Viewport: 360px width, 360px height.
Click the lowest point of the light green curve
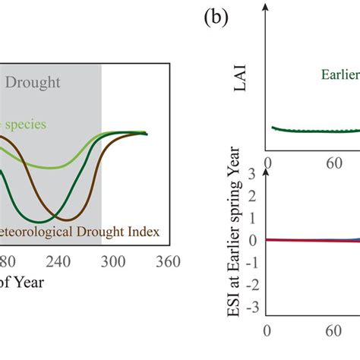pyautogui.click(x=50, y=167)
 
